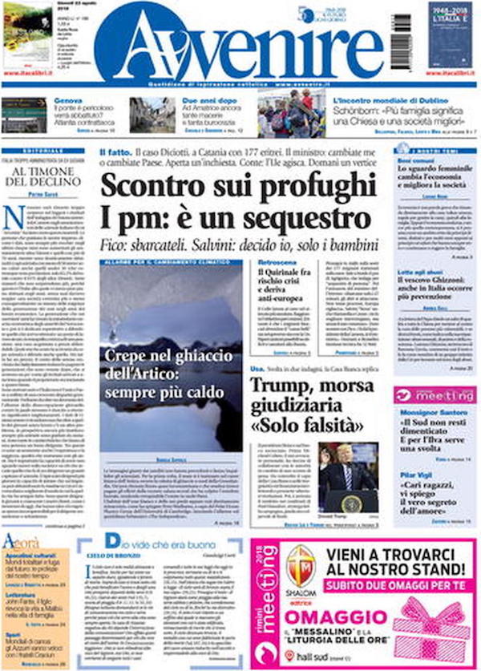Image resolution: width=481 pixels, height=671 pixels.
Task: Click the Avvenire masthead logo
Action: coord(240,50)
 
